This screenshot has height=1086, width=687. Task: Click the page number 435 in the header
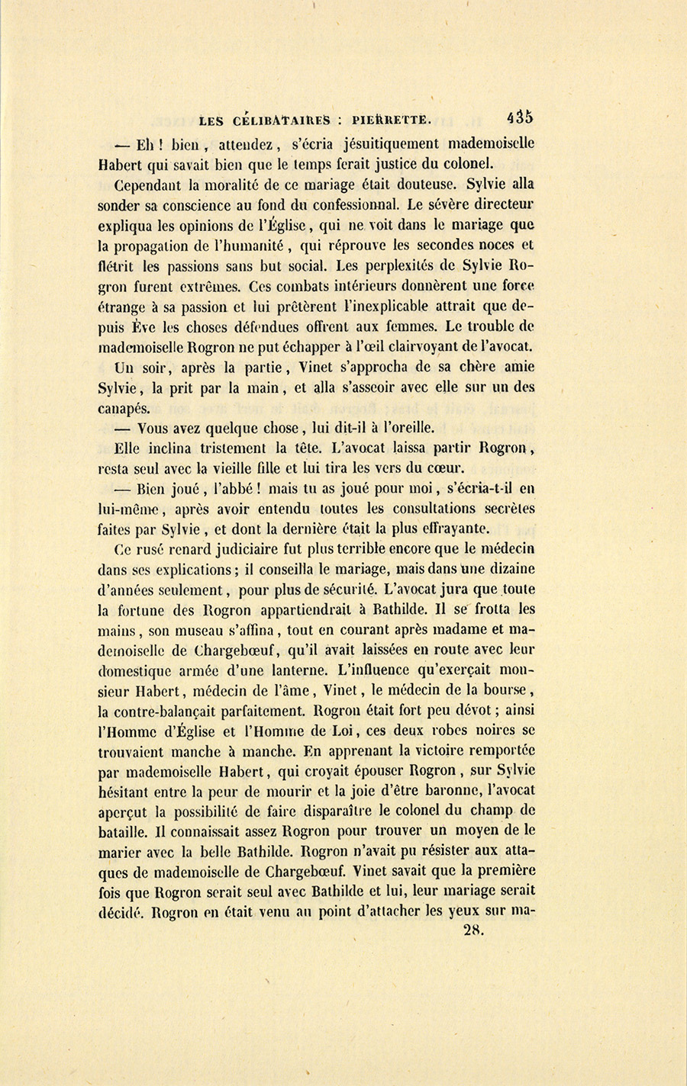(x=519, y=117)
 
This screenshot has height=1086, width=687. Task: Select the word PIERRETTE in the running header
(x=392, y=119)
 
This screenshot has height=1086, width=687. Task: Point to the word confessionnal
(x=355, y=204)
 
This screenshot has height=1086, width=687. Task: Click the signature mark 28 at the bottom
(x=474, y=929)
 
